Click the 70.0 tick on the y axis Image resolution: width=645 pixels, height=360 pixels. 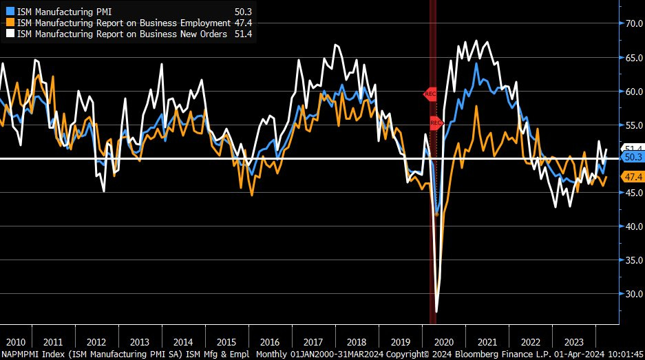tap(633, 23)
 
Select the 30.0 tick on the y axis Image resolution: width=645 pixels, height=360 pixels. tap(633, 294)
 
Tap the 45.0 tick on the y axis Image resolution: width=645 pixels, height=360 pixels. tap(633, 193)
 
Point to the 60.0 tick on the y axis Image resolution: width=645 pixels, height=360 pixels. tap(633, 91)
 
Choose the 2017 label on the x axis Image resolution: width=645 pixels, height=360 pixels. tap(313, 342)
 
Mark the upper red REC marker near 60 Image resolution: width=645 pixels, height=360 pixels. tap(430, 93)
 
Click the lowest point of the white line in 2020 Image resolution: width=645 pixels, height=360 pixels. tap(437, 312)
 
